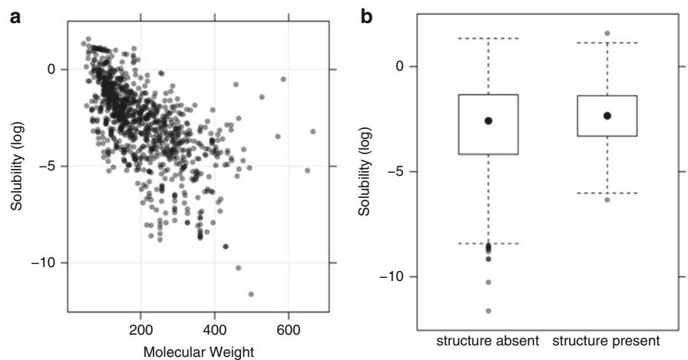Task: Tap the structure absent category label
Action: click(488, 340)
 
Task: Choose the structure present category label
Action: click(607, 340)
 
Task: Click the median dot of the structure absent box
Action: click(488, 121)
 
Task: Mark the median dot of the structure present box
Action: click(607, 115)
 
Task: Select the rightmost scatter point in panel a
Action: click(313, 132)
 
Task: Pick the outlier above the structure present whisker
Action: click(607, 34)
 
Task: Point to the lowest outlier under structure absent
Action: click(488, 311)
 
